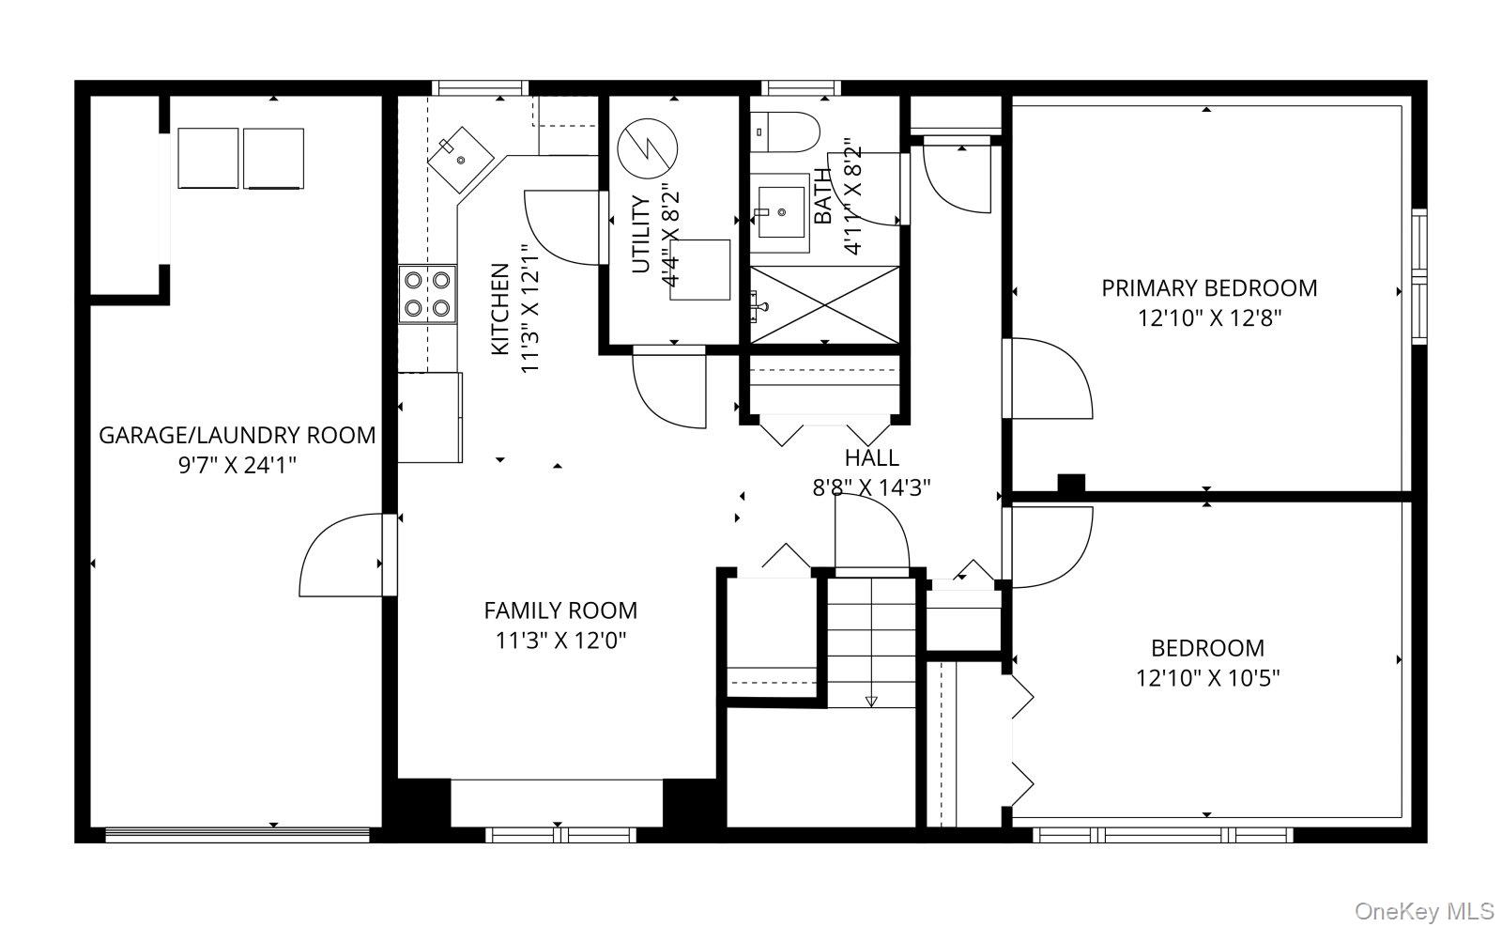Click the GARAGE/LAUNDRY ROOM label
[237, 436]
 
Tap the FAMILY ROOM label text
[560, 610]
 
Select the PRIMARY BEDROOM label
[1209, 288]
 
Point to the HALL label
[872, 458]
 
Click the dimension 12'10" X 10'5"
[1207, 678]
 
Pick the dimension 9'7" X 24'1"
[238, 465]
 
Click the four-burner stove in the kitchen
[427, 295]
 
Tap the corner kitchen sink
[460, 160]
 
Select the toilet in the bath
[785, 132]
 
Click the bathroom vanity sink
[780, 212]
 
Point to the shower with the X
[824, 304]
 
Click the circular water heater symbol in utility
[647, 148]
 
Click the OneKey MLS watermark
[1424, 912]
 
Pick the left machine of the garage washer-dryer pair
[207, 159]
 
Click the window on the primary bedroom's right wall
[1418, 276]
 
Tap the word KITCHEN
[500, 309]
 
